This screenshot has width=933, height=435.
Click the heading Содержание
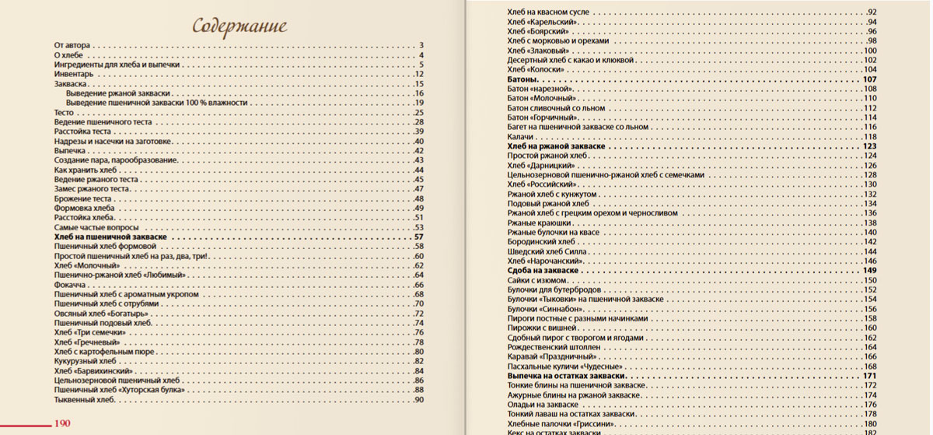pyautogui.click(x=236, y=28)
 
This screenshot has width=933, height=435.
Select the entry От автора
pyautogui.click(x=72, y=46)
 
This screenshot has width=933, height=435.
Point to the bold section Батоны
pyautogui.click(x=522, y=79)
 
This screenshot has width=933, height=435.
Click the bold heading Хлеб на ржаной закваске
pyautogui.click(x=557, y=146)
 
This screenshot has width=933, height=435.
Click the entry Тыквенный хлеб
pyautogui.click(x=85, y=400)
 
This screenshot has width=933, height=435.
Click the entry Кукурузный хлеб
pyautogui.click(x=85, y=362)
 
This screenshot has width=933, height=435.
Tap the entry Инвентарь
pyautogui.click(x=74, y=74)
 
